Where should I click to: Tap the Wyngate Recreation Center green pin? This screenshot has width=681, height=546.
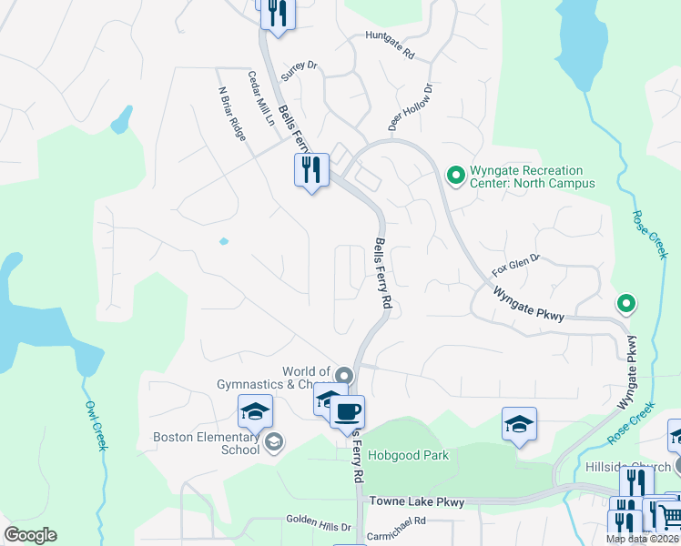click(x=454, y=172)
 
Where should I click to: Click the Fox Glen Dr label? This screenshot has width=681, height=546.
click(x=516, y=265)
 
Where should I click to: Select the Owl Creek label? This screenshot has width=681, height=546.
click(x=97, y=425)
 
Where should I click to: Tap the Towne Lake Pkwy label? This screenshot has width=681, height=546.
click(x=416, y=501)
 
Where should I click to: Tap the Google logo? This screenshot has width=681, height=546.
click(x=30, y=535)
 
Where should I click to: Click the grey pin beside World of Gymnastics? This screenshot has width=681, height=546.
click(x=343, y=375)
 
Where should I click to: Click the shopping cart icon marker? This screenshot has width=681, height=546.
click(x=671, y=517)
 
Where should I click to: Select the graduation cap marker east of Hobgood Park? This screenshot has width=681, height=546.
click(x=519, y=424)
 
